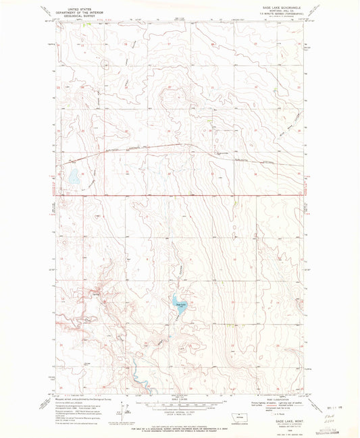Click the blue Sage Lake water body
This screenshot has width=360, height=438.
pos(180,302)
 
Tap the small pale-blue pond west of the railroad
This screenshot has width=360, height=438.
pos(72,177)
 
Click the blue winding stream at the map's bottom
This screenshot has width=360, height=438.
pos(132,373)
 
